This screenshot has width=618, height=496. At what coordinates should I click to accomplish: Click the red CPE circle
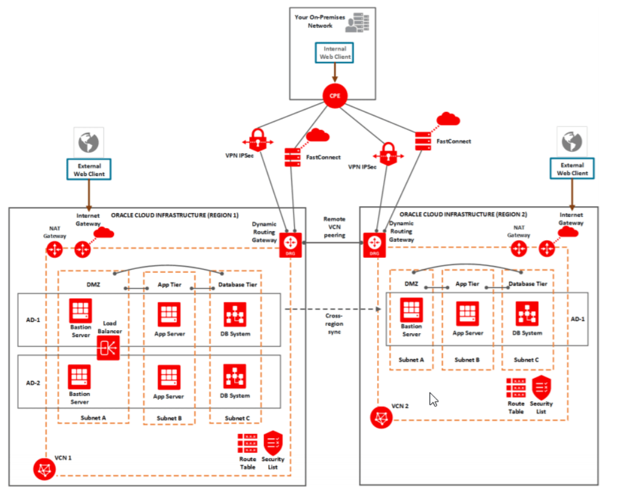[332, 96]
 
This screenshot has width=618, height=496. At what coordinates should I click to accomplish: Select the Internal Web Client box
[335, 53]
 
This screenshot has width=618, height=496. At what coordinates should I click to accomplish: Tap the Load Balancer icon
[108, 348]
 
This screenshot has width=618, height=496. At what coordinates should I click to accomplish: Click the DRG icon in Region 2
[372, 243]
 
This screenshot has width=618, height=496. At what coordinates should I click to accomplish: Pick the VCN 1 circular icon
[44, 469]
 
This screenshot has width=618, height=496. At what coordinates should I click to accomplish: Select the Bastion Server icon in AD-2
[80, 377]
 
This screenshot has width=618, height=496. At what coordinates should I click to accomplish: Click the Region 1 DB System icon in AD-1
[235, 314]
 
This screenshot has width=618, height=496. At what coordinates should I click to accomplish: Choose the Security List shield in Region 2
[541, 387]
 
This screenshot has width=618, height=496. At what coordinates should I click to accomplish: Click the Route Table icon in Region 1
[248, 444]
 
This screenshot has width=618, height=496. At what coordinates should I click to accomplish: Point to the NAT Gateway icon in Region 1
[55, 249]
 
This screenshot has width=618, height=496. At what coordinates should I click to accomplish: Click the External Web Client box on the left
[90, 169]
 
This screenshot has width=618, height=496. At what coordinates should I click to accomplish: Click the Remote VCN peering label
[334, 227]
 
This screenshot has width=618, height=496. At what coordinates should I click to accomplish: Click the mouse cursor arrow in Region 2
[433, 399]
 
